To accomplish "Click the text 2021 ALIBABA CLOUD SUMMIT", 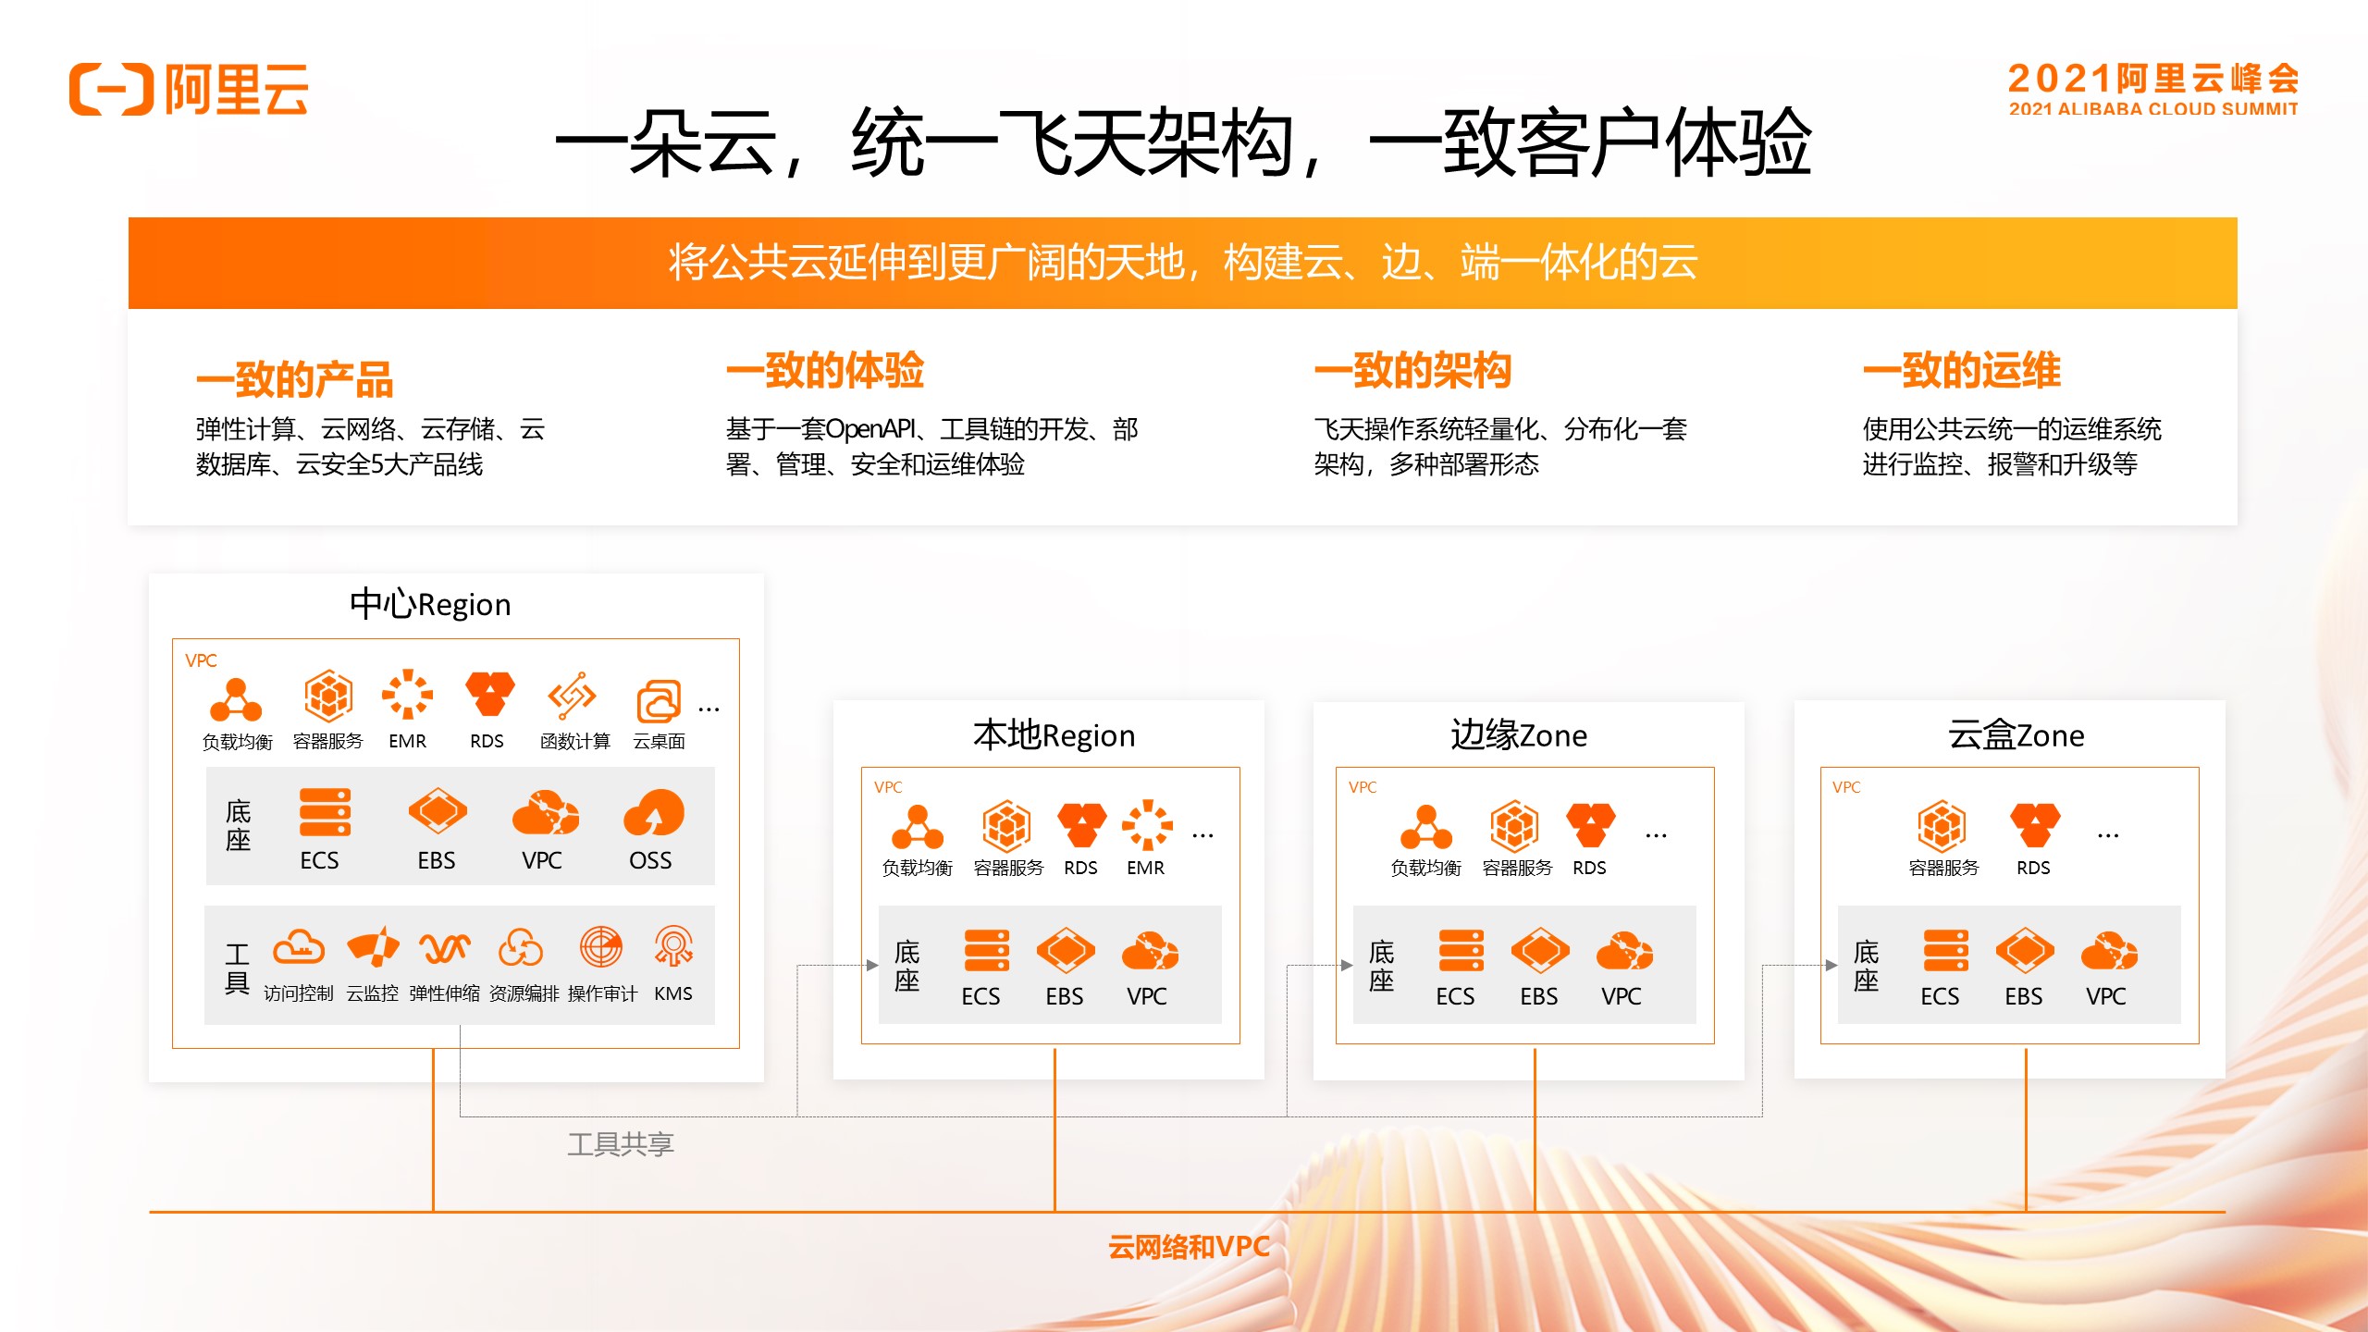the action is [2152, 109].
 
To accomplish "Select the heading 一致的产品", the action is [294, 379].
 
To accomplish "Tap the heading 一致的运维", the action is [1961, 371].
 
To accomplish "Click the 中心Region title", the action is [430, 604].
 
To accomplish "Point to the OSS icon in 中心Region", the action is [653, 813].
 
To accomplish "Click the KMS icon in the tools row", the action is [673, 946].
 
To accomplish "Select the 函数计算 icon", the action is [572, 696].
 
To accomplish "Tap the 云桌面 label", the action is [659, 741].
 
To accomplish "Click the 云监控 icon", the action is [373, 946].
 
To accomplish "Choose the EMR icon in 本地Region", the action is [1147, 824].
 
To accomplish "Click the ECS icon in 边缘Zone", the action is [1461, 951].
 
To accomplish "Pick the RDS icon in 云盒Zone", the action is [2034, 824].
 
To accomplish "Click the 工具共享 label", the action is [621, 1144].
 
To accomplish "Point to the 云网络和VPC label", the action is [1188, 1247].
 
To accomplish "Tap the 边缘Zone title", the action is [1519, 735].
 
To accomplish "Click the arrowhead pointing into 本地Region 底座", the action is [871, 965].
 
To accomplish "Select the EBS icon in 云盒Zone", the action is [2024, 951].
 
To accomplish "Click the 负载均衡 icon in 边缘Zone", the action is [1425, 826].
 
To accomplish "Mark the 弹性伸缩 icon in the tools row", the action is [445, 946].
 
